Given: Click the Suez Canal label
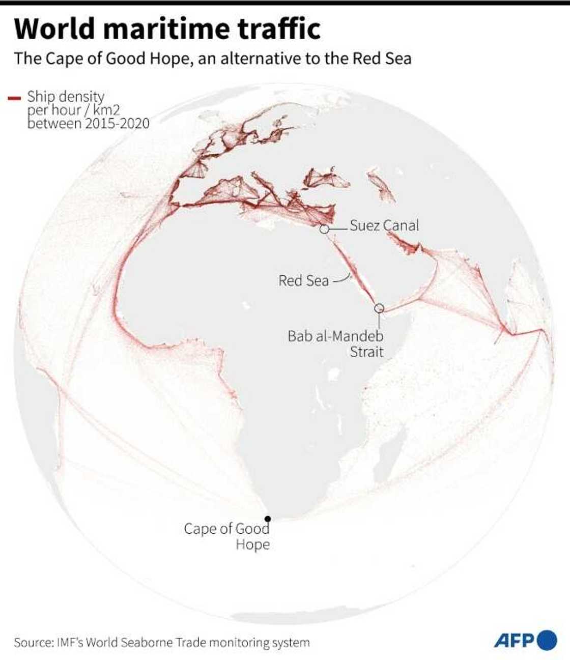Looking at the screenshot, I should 384,225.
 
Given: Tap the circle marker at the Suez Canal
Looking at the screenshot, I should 324,229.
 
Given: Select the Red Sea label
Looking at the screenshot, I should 303,280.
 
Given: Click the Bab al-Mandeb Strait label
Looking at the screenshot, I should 336,343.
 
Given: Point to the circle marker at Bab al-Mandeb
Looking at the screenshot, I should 379,308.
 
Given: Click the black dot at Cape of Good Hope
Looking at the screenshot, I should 268,519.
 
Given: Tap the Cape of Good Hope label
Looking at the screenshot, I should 227,536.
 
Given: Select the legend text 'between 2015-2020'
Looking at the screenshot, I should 89,124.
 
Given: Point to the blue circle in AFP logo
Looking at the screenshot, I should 547,640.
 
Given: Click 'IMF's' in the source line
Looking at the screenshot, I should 70,643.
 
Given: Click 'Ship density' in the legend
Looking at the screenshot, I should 66,96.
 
